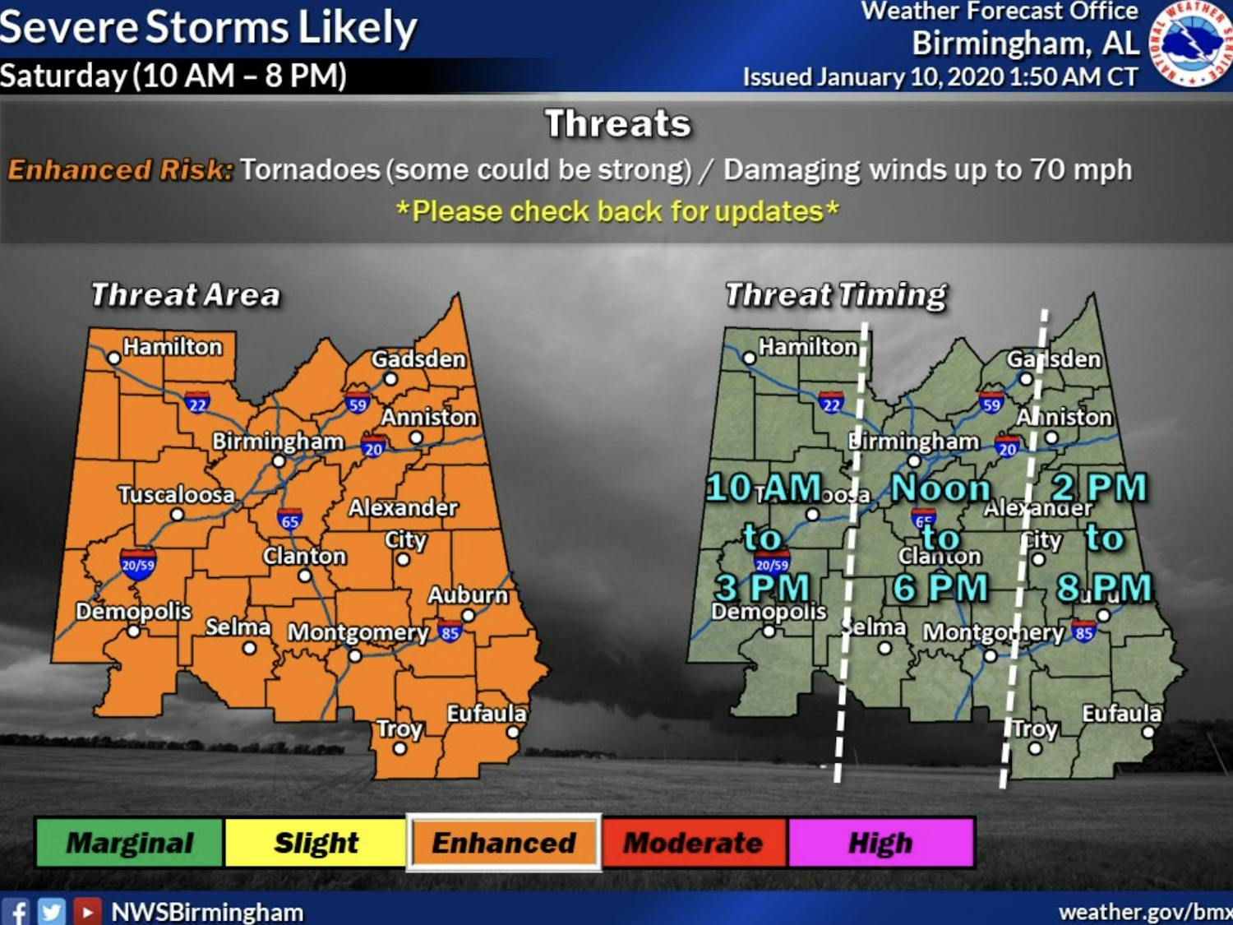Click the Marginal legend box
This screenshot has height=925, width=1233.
[x=129, y=843]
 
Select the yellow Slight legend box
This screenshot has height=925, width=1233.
[x=316, y=843]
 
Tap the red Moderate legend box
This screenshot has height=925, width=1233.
[x=694, y=843]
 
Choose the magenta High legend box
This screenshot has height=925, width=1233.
[x=880, y=843]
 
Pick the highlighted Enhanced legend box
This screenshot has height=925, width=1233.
[x=504, y=843]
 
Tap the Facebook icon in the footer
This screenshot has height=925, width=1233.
[x=16, y=911]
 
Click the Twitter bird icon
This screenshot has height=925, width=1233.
[x=51, y=911]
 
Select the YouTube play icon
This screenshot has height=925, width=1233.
[x=86, y=911]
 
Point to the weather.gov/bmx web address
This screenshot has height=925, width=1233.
[x=1145, y=912]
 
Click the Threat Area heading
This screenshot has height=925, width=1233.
[x=186, y=294]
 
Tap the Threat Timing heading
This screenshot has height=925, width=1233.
[x=836, y=294]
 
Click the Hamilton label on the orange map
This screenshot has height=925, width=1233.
[x=173, y=347]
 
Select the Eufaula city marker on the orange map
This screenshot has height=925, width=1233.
[x=513, y=732]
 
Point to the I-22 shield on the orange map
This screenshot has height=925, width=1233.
[x=197, y=403]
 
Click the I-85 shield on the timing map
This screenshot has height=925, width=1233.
[x=1083, y=632]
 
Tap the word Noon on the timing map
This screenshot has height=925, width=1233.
[x=941, y=488]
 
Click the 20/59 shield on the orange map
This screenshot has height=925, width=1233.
[x=138, y=564]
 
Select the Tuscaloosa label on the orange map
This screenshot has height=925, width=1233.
[x=176, y=494]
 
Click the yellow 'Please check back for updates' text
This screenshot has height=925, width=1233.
[x=617, y=211]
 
